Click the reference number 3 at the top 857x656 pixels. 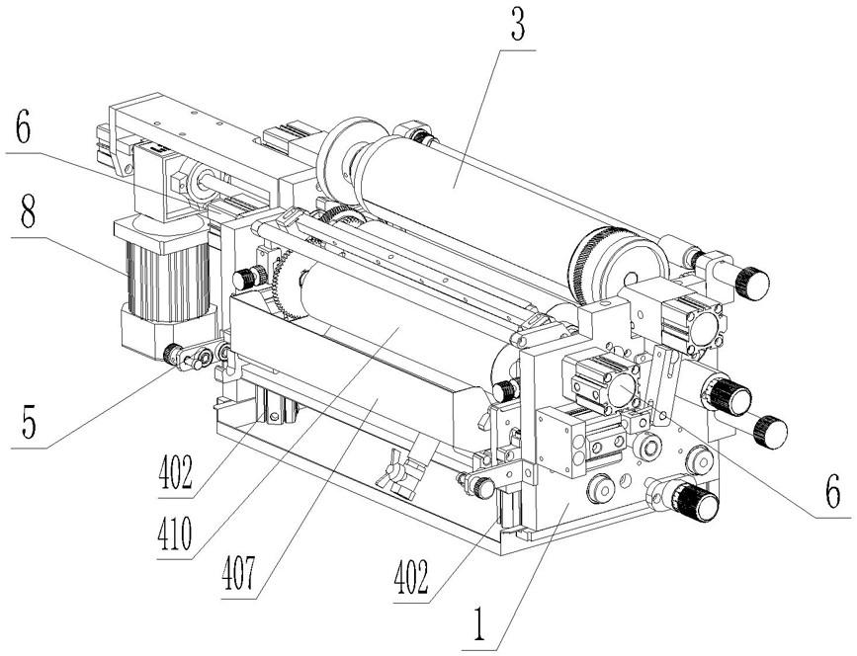[517, 25]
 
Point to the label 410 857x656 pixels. [174, 533]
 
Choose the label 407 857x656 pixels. [239, 574]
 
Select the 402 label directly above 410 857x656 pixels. [175, 473]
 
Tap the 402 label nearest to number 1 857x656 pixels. [411, 578]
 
